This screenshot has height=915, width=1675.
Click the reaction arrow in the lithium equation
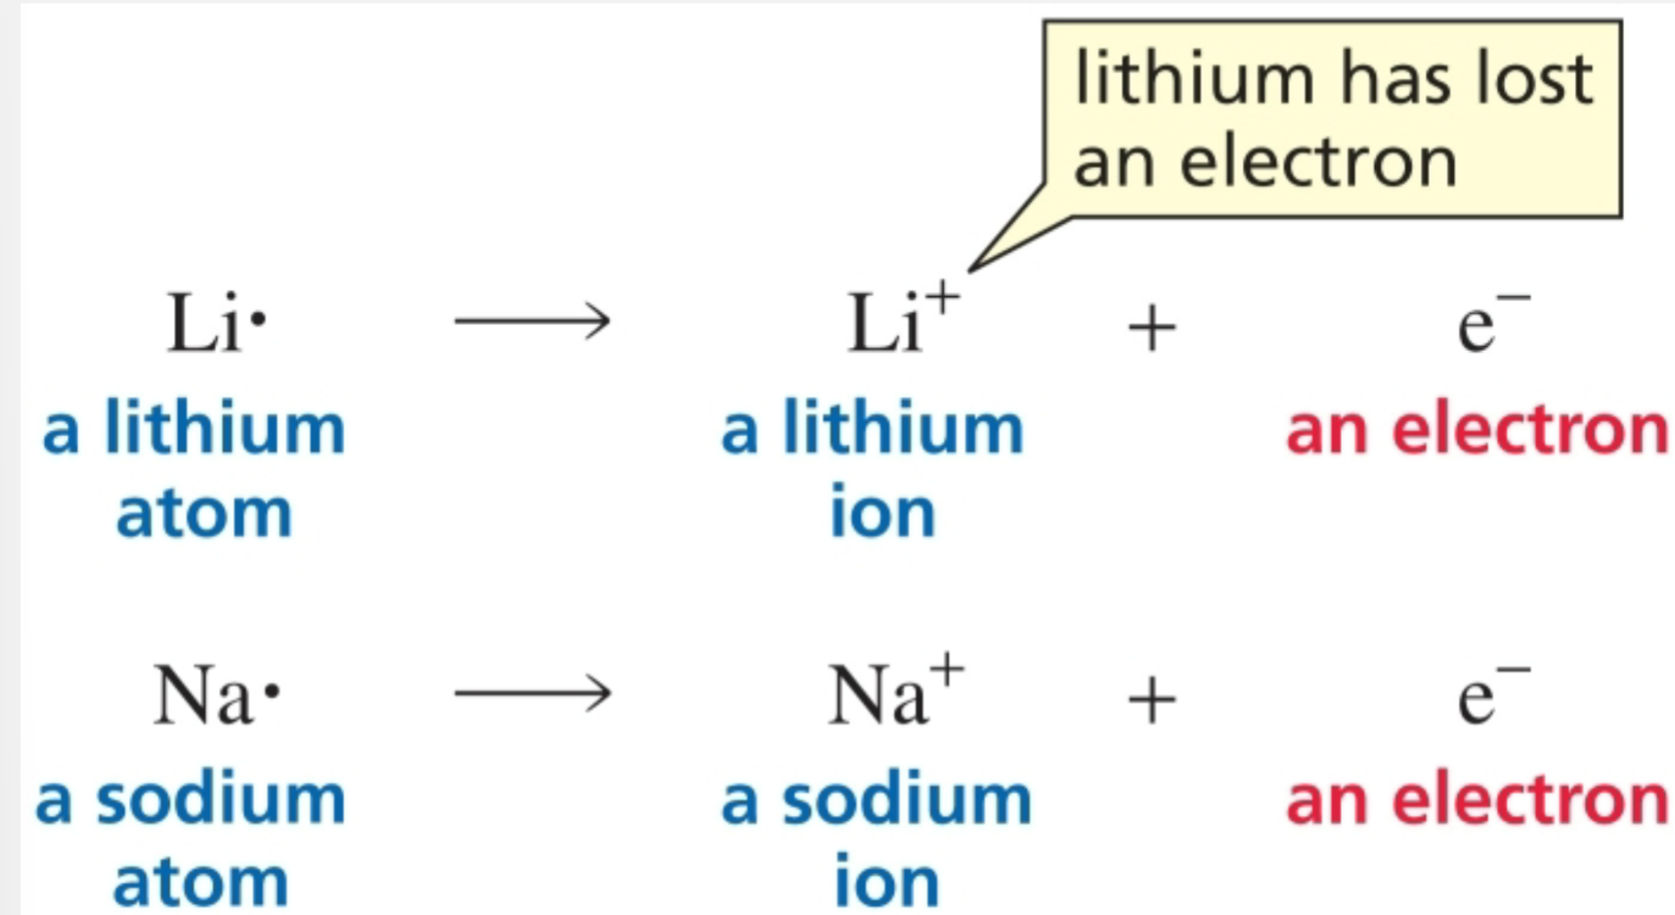coord(533,321)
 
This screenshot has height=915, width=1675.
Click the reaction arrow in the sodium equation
coord(533,694)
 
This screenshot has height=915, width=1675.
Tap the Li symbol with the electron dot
coord(215,323)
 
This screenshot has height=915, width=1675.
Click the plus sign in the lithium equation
coord(1151,327)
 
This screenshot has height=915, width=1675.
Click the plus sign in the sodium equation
coord(1151,700)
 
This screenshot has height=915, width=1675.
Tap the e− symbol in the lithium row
coord(1490,323)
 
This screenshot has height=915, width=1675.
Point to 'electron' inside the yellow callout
coord(1319,162)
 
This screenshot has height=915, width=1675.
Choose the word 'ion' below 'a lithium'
coord(881,511)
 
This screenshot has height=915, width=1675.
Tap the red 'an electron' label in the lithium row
coord(1476,430)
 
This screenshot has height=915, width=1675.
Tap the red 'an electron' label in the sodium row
coord(1476,800)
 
